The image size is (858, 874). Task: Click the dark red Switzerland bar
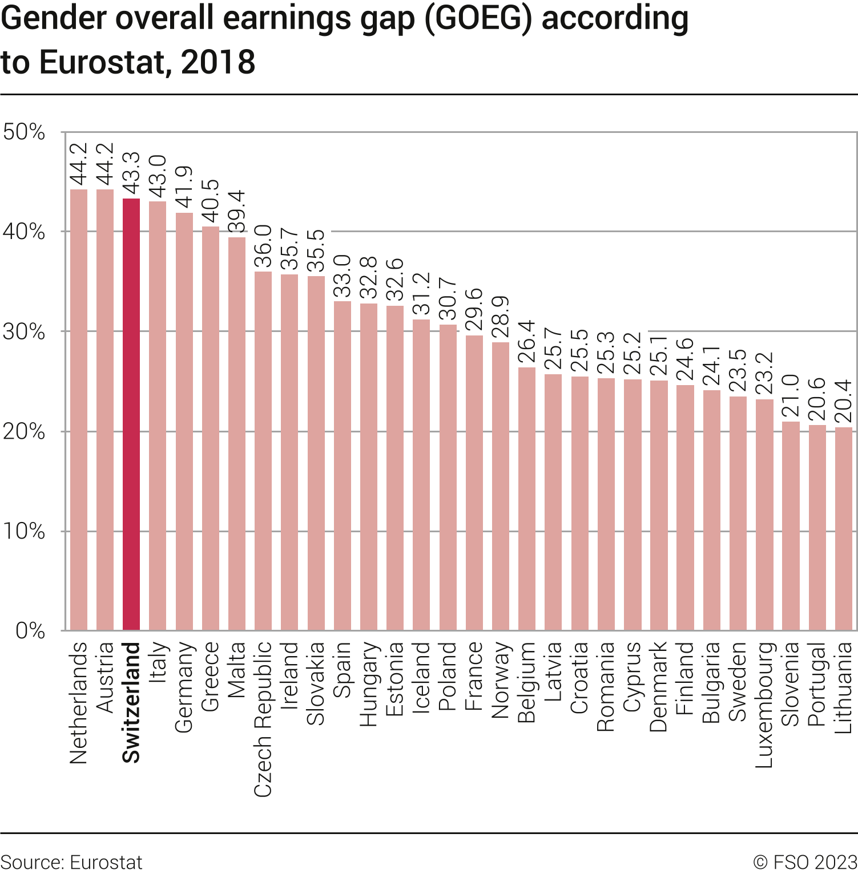coord(131,414)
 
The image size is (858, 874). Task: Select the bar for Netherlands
coord(79,410)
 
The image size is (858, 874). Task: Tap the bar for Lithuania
coord(844,529)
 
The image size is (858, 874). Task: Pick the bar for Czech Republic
coord(263,451)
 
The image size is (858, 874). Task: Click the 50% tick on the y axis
coord(24,132)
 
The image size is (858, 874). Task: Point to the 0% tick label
coord(30,630)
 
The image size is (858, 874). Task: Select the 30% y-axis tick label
coord(24,331)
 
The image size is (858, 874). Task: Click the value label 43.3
coord(131,174)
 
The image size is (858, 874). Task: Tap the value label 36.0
coord(263,246)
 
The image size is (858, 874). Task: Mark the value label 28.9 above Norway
coord(501,317)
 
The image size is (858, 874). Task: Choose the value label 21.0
coord(791,395)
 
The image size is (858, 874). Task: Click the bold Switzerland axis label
coord(131,702)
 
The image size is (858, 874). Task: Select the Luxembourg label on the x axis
coord(764,705)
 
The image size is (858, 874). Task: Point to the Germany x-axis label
coord(184,687)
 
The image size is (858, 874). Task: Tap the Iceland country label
coord(421,677)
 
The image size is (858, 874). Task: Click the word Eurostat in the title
coord(102,62)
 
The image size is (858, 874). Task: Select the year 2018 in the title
coord(218,62)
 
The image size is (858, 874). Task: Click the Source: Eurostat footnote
coord(71,862)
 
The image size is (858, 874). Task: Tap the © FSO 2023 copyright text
coord(805,862)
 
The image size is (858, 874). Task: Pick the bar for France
coord(474,483)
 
